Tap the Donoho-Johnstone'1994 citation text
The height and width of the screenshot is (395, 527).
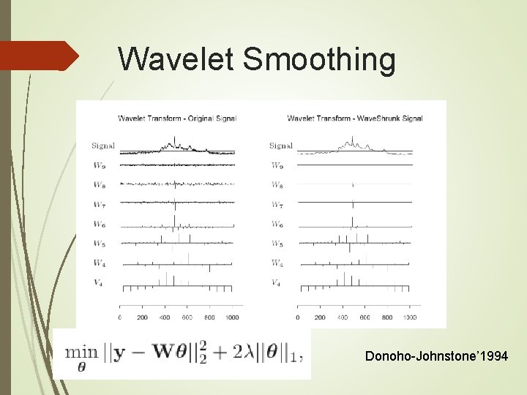coord(436,356)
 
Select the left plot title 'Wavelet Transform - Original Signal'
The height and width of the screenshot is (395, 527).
coord(177,118)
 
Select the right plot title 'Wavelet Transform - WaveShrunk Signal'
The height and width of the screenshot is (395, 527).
coord(355,118)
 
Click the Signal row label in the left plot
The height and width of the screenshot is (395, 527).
coord(103,146)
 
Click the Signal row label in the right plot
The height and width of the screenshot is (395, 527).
coord(280,146)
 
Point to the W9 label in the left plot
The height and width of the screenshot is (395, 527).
coord(99,165)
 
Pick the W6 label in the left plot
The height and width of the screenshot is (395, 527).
coord(99,224)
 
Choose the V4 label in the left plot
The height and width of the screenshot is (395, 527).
coord(99,282)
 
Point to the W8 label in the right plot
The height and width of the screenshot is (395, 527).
coord(277,185)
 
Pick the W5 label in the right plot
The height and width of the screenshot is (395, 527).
coord(277,244)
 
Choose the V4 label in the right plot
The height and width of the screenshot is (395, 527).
coord(277,282)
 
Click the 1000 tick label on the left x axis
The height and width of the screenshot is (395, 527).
coord(233,317)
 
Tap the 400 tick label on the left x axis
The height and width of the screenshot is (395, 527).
coord(165,317)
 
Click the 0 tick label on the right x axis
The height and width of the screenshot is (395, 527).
coord(298,317)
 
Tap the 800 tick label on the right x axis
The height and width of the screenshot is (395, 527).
coord(388,317)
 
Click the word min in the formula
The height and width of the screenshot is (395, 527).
coord(82,352)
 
